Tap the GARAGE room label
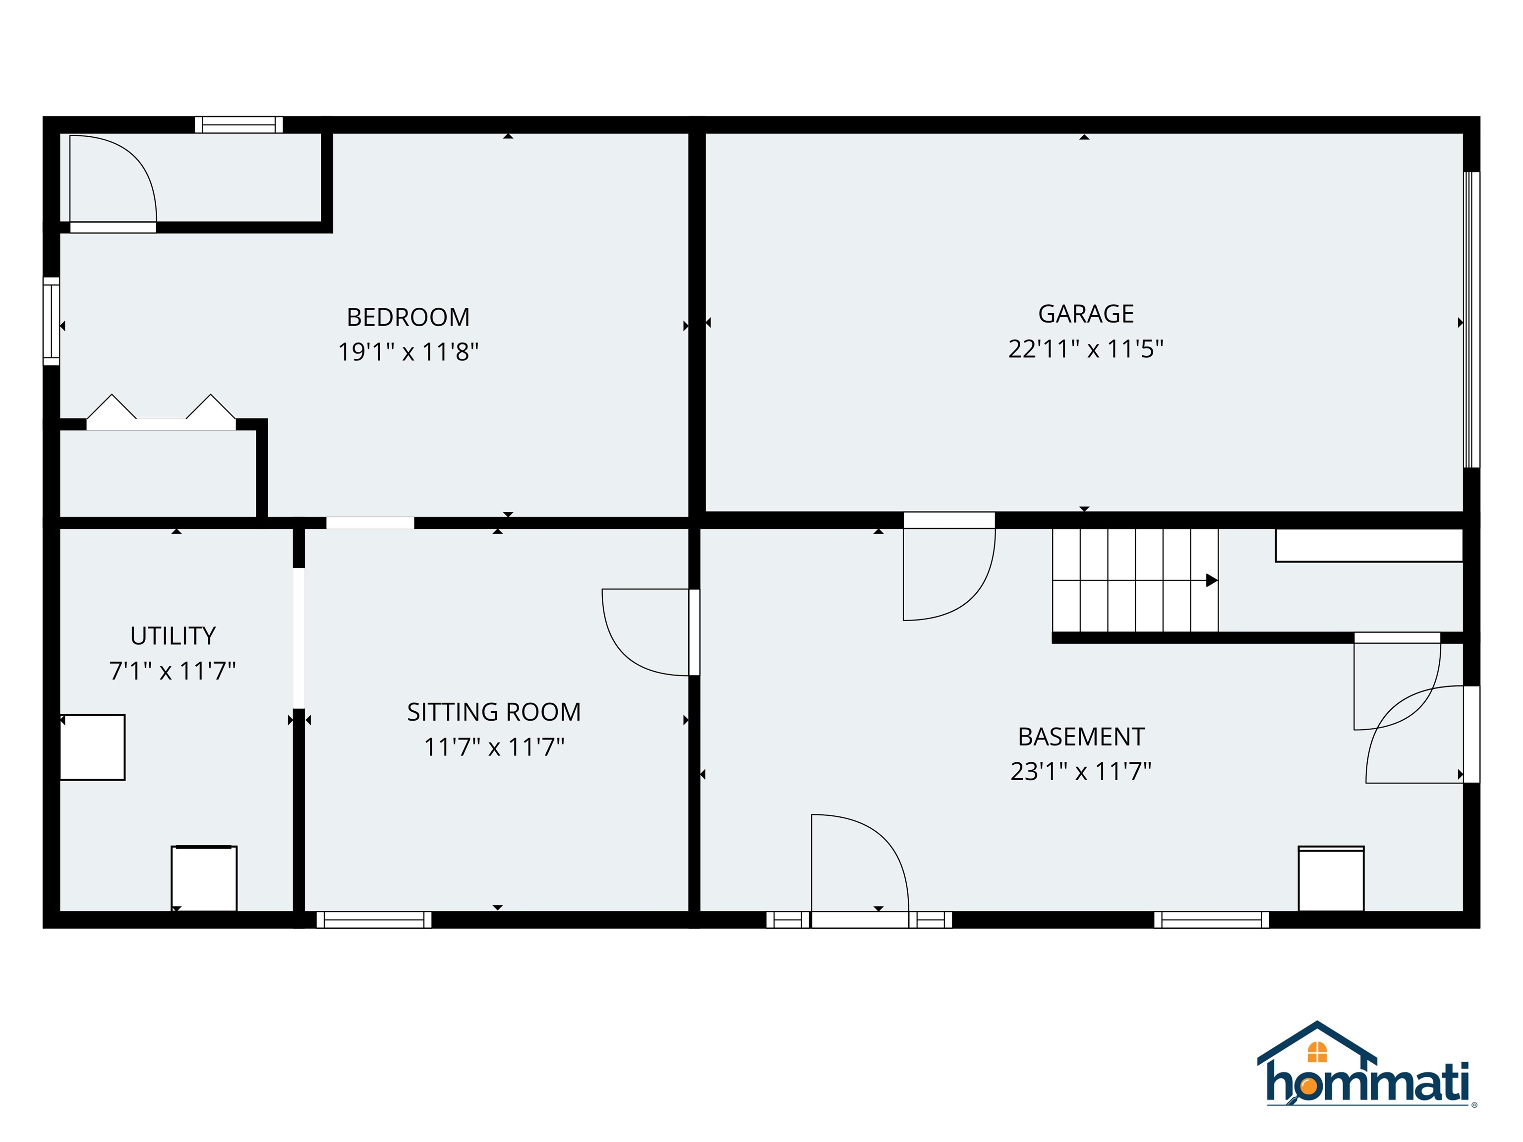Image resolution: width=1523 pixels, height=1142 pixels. point(1085,314)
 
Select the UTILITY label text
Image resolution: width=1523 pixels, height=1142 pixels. point(173,635)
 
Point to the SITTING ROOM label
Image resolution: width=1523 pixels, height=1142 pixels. point(494,712)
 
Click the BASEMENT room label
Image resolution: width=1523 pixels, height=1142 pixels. point(1080,737)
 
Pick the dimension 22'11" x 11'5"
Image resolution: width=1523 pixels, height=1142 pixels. point(1085,349)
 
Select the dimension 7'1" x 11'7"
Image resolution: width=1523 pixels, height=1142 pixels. point(173,671)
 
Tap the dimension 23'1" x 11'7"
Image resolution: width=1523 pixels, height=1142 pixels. point(1080,772)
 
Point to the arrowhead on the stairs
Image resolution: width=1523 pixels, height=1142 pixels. point(1211,580)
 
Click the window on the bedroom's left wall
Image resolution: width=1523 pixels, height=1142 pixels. point(52,321)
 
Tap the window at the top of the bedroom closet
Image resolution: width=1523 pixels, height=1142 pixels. point(239,124)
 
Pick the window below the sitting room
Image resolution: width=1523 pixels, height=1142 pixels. point(374,919)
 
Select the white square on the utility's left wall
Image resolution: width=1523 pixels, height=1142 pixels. point(93,747)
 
